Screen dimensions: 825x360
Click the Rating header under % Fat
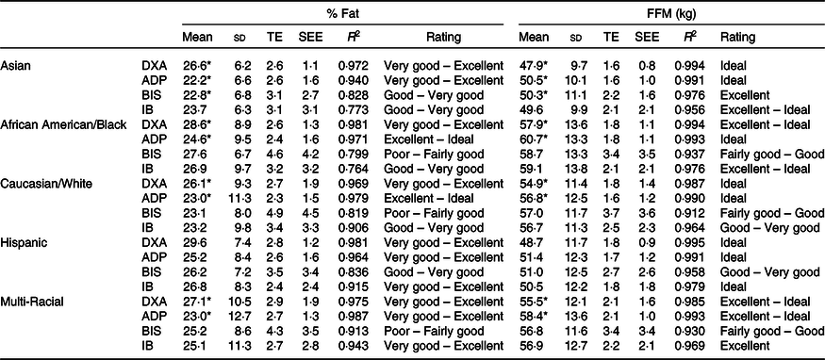pyautogui.click(x=443, y=38)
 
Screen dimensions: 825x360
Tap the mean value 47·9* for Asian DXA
pyautogui.click(x=533, y=66)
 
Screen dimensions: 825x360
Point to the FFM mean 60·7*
pyautogui.click(x=533, y=139)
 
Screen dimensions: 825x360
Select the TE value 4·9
pyautogui.click(x=273, y=199)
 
